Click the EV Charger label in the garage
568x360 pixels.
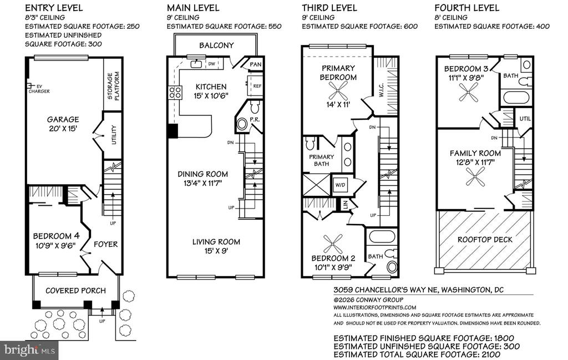[39, 89]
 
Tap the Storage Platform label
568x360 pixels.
[113, 86]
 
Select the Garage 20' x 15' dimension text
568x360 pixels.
[63, 129]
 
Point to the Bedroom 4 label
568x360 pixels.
[56, 236]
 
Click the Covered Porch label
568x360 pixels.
[75, 291]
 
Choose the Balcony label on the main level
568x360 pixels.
[216, 45]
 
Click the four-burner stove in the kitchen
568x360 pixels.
[175, 92]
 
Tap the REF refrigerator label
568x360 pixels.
[257, 86]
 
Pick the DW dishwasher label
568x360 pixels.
[211, 64]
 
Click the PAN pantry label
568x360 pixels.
[256, 64]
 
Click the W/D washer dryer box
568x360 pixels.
[340, 185]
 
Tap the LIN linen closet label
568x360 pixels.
[345, 205]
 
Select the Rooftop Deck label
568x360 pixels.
[485, 240]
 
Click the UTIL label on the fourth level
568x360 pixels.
[525, 119]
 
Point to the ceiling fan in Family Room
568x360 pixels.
[475, 178]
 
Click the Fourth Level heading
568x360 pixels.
[466, 8]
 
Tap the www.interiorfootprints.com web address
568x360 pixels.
[374, 307]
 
